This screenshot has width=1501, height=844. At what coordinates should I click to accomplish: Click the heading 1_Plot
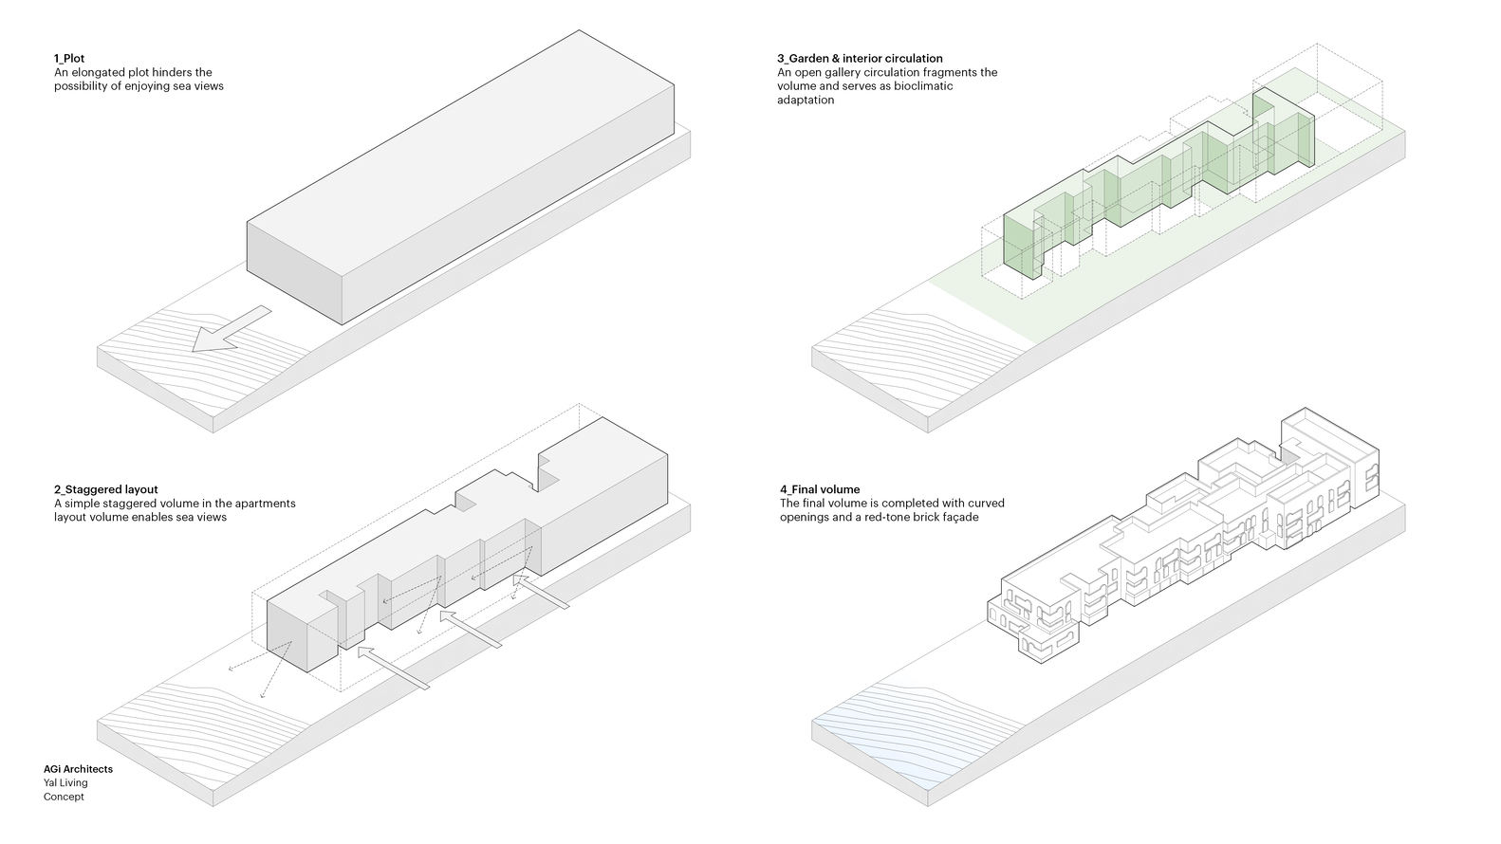69,59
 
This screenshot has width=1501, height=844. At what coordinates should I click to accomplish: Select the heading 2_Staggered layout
106,489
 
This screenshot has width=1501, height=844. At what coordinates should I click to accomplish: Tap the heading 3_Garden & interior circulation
860,59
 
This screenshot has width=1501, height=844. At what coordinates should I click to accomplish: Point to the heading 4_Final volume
820,489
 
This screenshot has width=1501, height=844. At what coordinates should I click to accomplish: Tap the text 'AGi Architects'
78,769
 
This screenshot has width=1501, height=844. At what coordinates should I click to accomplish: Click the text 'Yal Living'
65,783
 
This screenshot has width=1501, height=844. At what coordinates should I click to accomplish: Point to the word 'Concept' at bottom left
64,797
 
